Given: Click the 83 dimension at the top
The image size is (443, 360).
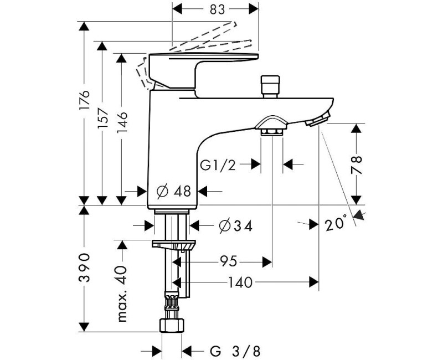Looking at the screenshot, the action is (217, 9).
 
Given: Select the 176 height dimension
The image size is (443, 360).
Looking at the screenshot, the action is (84, 100).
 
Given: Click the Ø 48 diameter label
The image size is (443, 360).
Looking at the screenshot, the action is (174, 191).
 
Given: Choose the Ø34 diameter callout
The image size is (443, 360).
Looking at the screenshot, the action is (236, 226).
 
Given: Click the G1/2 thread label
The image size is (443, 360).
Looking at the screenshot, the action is (218, 165).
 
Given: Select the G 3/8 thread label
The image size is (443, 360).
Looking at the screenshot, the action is (235, 351).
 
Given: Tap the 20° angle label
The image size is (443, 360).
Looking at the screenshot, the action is (336, 223).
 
